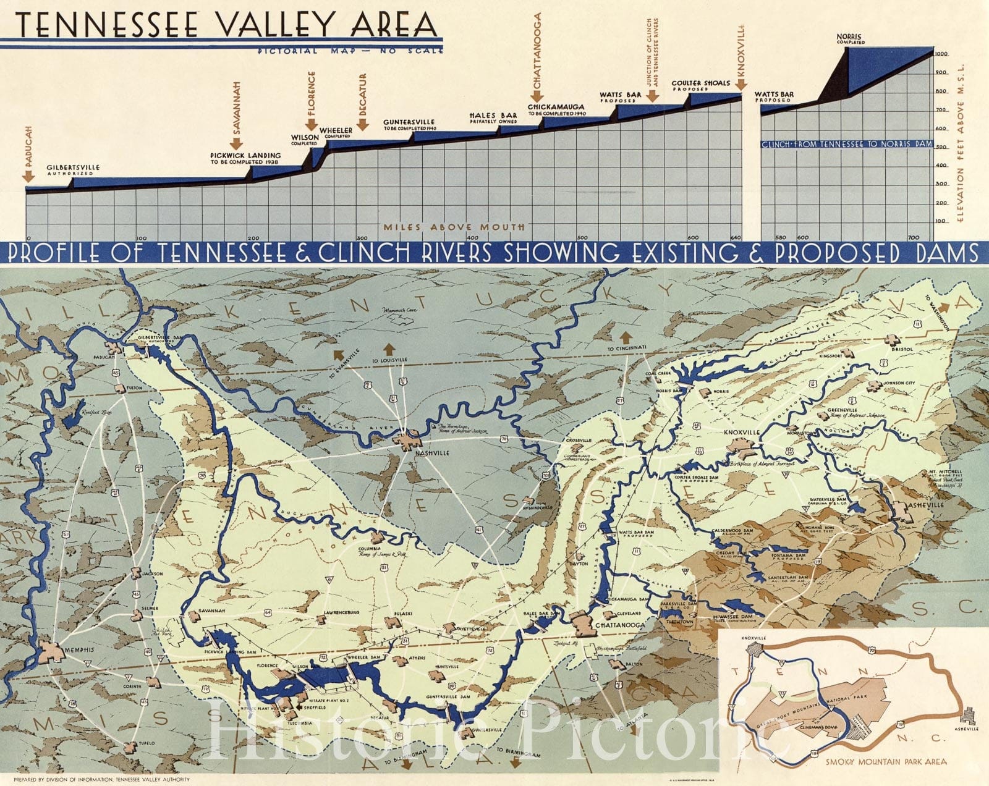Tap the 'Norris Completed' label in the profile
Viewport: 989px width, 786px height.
pos(851,39)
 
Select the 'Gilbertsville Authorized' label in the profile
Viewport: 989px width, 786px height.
pos(72,170)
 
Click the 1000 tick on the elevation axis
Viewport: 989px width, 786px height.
pos(941,54)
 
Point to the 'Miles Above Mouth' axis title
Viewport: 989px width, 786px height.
pos(454,227)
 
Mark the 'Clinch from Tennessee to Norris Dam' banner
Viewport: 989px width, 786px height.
pos(846,144)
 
